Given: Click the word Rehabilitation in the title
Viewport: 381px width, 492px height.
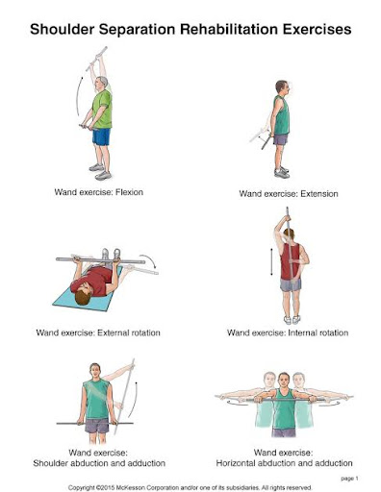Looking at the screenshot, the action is (229, 29).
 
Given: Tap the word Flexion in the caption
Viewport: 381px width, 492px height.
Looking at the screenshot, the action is (129, 192).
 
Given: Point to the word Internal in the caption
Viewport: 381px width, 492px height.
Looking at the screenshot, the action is (301, 332).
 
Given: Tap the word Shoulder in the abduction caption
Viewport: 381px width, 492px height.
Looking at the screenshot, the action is (50, 463).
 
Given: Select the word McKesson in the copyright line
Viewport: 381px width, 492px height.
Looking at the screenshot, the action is (128, 487).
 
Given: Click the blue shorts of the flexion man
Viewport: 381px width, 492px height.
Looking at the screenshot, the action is (101, 136).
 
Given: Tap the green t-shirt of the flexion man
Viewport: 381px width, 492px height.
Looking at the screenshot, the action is (103, 109).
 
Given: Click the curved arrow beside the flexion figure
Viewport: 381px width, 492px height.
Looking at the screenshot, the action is (78, 96).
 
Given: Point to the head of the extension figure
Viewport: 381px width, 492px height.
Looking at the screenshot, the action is (282, 87).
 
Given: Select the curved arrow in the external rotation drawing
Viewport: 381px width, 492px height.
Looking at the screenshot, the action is (148, 260).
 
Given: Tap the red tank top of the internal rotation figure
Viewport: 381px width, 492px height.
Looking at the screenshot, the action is (291, 261).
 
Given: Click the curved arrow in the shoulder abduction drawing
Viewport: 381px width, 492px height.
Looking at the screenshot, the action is (134, 400).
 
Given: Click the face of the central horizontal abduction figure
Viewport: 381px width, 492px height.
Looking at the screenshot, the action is (284, 381).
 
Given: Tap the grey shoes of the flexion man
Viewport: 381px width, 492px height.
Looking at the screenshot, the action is (101, 172).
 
